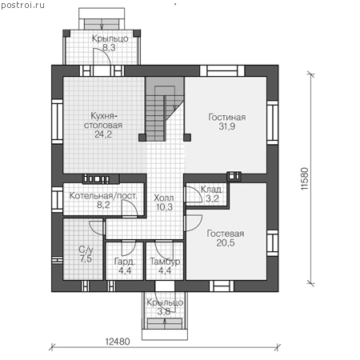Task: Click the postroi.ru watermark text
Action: (22, 5)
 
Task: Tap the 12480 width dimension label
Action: (118, 341)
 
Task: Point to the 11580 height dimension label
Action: (305, 178)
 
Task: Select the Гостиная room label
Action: (227, 117)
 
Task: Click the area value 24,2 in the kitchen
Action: (103, 134)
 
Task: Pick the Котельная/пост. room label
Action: (103, 195)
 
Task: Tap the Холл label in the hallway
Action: (164, 198)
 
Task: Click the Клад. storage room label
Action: (212, 190)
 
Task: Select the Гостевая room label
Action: (226, 234)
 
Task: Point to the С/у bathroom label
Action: (86, 250)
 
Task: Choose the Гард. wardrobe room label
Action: (125, 262)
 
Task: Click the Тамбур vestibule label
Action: (165, 262)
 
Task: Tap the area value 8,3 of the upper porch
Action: (109, 47)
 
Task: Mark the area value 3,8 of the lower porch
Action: (163, 311)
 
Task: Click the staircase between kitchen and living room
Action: (165, 109)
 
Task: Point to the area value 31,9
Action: (227, 126)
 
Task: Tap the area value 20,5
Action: (226, 242)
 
